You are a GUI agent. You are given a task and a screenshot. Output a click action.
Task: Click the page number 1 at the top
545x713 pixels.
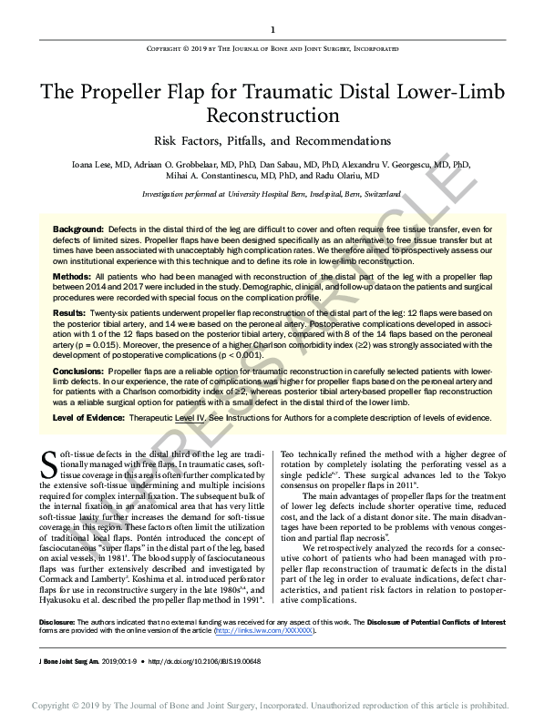(272, 29)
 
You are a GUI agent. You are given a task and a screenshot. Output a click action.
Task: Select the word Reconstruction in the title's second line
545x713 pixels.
(272, 116)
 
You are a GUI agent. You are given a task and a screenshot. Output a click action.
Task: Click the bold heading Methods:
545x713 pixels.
(71, 274)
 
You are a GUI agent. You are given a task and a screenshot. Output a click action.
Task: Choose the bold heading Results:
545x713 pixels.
(69, 312)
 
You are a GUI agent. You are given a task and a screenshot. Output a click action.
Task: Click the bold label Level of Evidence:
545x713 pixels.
(88, 416)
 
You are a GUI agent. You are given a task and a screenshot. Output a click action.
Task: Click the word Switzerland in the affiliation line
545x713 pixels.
(376, 195)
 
